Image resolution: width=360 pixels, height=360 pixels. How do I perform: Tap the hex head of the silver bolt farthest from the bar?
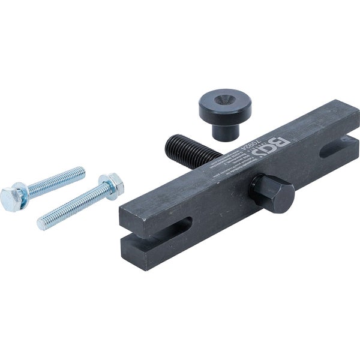tap(11, 196)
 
